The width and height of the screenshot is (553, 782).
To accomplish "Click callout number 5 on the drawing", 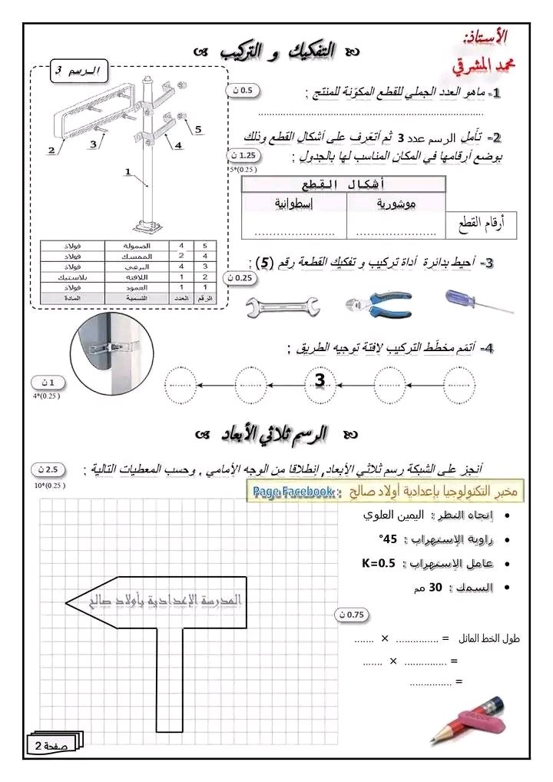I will pos(198,130).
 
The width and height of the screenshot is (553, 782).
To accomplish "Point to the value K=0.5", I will pos(378,563).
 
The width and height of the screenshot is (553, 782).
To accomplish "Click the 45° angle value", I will pos(389,539).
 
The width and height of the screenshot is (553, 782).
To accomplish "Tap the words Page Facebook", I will pos(292,491).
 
